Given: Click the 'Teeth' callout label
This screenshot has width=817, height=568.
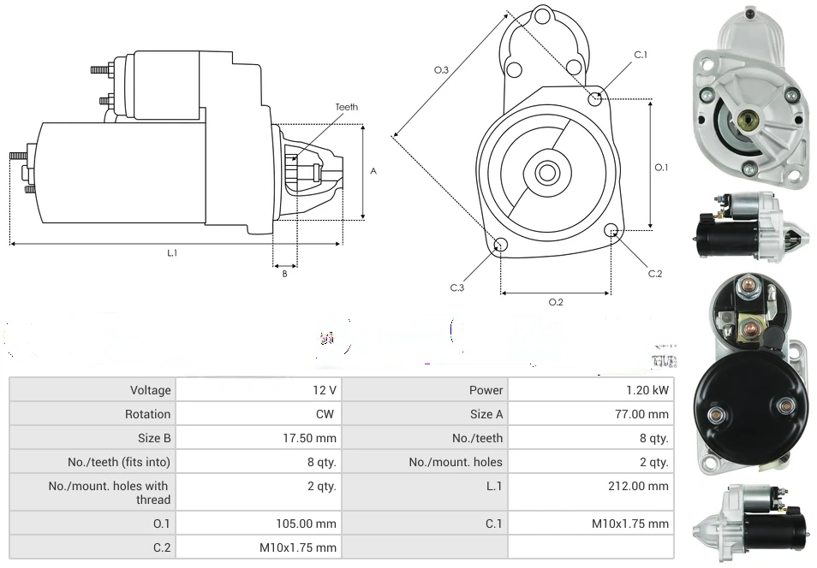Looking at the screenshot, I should pyautogui.click(x=347, y=107).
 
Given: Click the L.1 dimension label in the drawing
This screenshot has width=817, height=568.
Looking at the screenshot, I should pyautogui.click(x=171, y=252).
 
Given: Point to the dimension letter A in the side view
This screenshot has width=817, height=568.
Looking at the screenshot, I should pyautogui.click(x=373, y=171).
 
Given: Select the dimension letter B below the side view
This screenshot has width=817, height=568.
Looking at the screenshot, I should pyautogui.click(x=285, y=274).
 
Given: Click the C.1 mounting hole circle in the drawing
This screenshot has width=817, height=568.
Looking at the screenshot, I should pyautogui.click(x=595, y=99).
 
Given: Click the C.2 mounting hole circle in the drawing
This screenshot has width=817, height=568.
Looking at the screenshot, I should pyautogui.click(x=611, y=230).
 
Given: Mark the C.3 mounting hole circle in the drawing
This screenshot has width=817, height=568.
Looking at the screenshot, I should pyautogui.click(x=501, y=246).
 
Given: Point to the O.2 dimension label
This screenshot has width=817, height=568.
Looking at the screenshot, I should pyautogui.click(x=556, y=301).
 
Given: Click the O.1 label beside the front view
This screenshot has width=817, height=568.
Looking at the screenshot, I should pyautogui.click(x=661, y=168).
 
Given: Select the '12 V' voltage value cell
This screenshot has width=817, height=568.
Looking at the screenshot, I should pyautogui.click(x=325, y=390).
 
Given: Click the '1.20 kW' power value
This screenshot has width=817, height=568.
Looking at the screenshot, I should pyautogui.click(x=651, y=390).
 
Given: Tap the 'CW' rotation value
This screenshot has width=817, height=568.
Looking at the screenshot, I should pyautogui.click(x=328, y=414).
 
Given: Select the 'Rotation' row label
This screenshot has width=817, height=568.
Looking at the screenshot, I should pyautogui.click(x=147, y=414).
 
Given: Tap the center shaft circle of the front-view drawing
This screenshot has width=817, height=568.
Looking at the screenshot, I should pyautogui.click(x=546, y=173).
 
